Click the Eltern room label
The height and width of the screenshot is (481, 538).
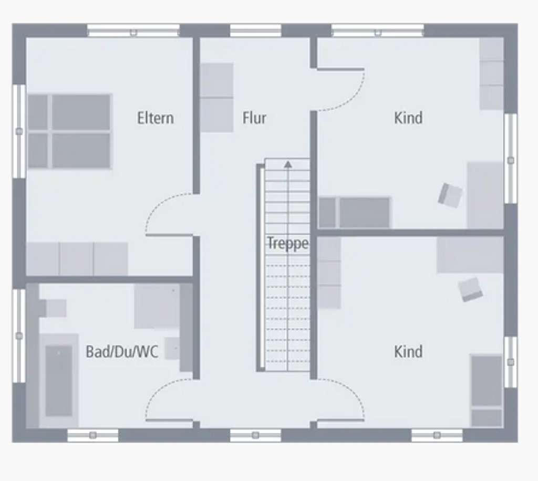(x=155, y=118)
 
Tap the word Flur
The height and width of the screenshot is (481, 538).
(x=254, y=118)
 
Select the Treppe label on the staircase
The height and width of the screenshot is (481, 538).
(x=287, y=244)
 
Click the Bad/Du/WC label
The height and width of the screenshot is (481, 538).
(x=122, y=352)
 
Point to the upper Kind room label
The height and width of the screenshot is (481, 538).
(x=408, y=118)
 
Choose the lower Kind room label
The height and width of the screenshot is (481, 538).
(x=408, y=351)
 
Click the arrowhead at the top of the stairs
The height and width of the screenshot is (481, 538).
(x=288, y=164)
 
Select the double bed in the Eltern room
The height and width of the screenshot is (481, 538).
(x=70, y=131)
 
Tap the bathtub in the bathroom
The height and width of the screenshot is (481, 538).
(x=58, y=380)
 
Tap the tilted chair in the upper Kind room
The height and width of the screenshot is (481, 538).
(x=450, y=195)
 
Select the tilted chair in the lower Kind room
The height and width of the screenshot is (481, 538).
(x=470, y=289)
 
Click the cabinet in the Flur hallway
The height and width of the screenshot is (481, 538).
(x=216, y=98)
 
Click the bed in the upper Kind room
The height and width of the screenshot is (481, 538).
(x=355, y=212)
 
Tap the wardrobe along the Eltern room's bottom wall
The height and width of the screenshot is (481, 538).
(x=77, y=258)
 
